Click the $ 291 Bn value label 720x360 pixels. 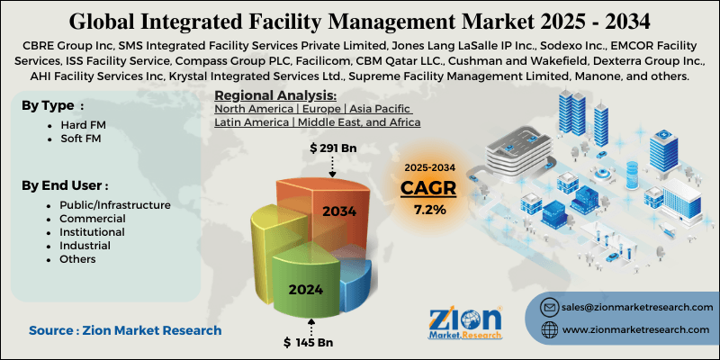[334, 147]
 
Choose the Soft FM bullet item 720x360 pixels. [78, 141]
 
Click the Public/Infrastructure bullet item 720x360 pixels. [113, 205]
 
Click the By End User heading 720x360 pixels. [65, 185]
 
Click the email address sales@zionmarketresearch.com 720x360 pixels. [635, 306]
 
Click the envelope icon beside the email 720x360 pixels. [547, 307]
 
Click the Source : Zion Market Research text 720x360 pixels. [125, 330]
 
